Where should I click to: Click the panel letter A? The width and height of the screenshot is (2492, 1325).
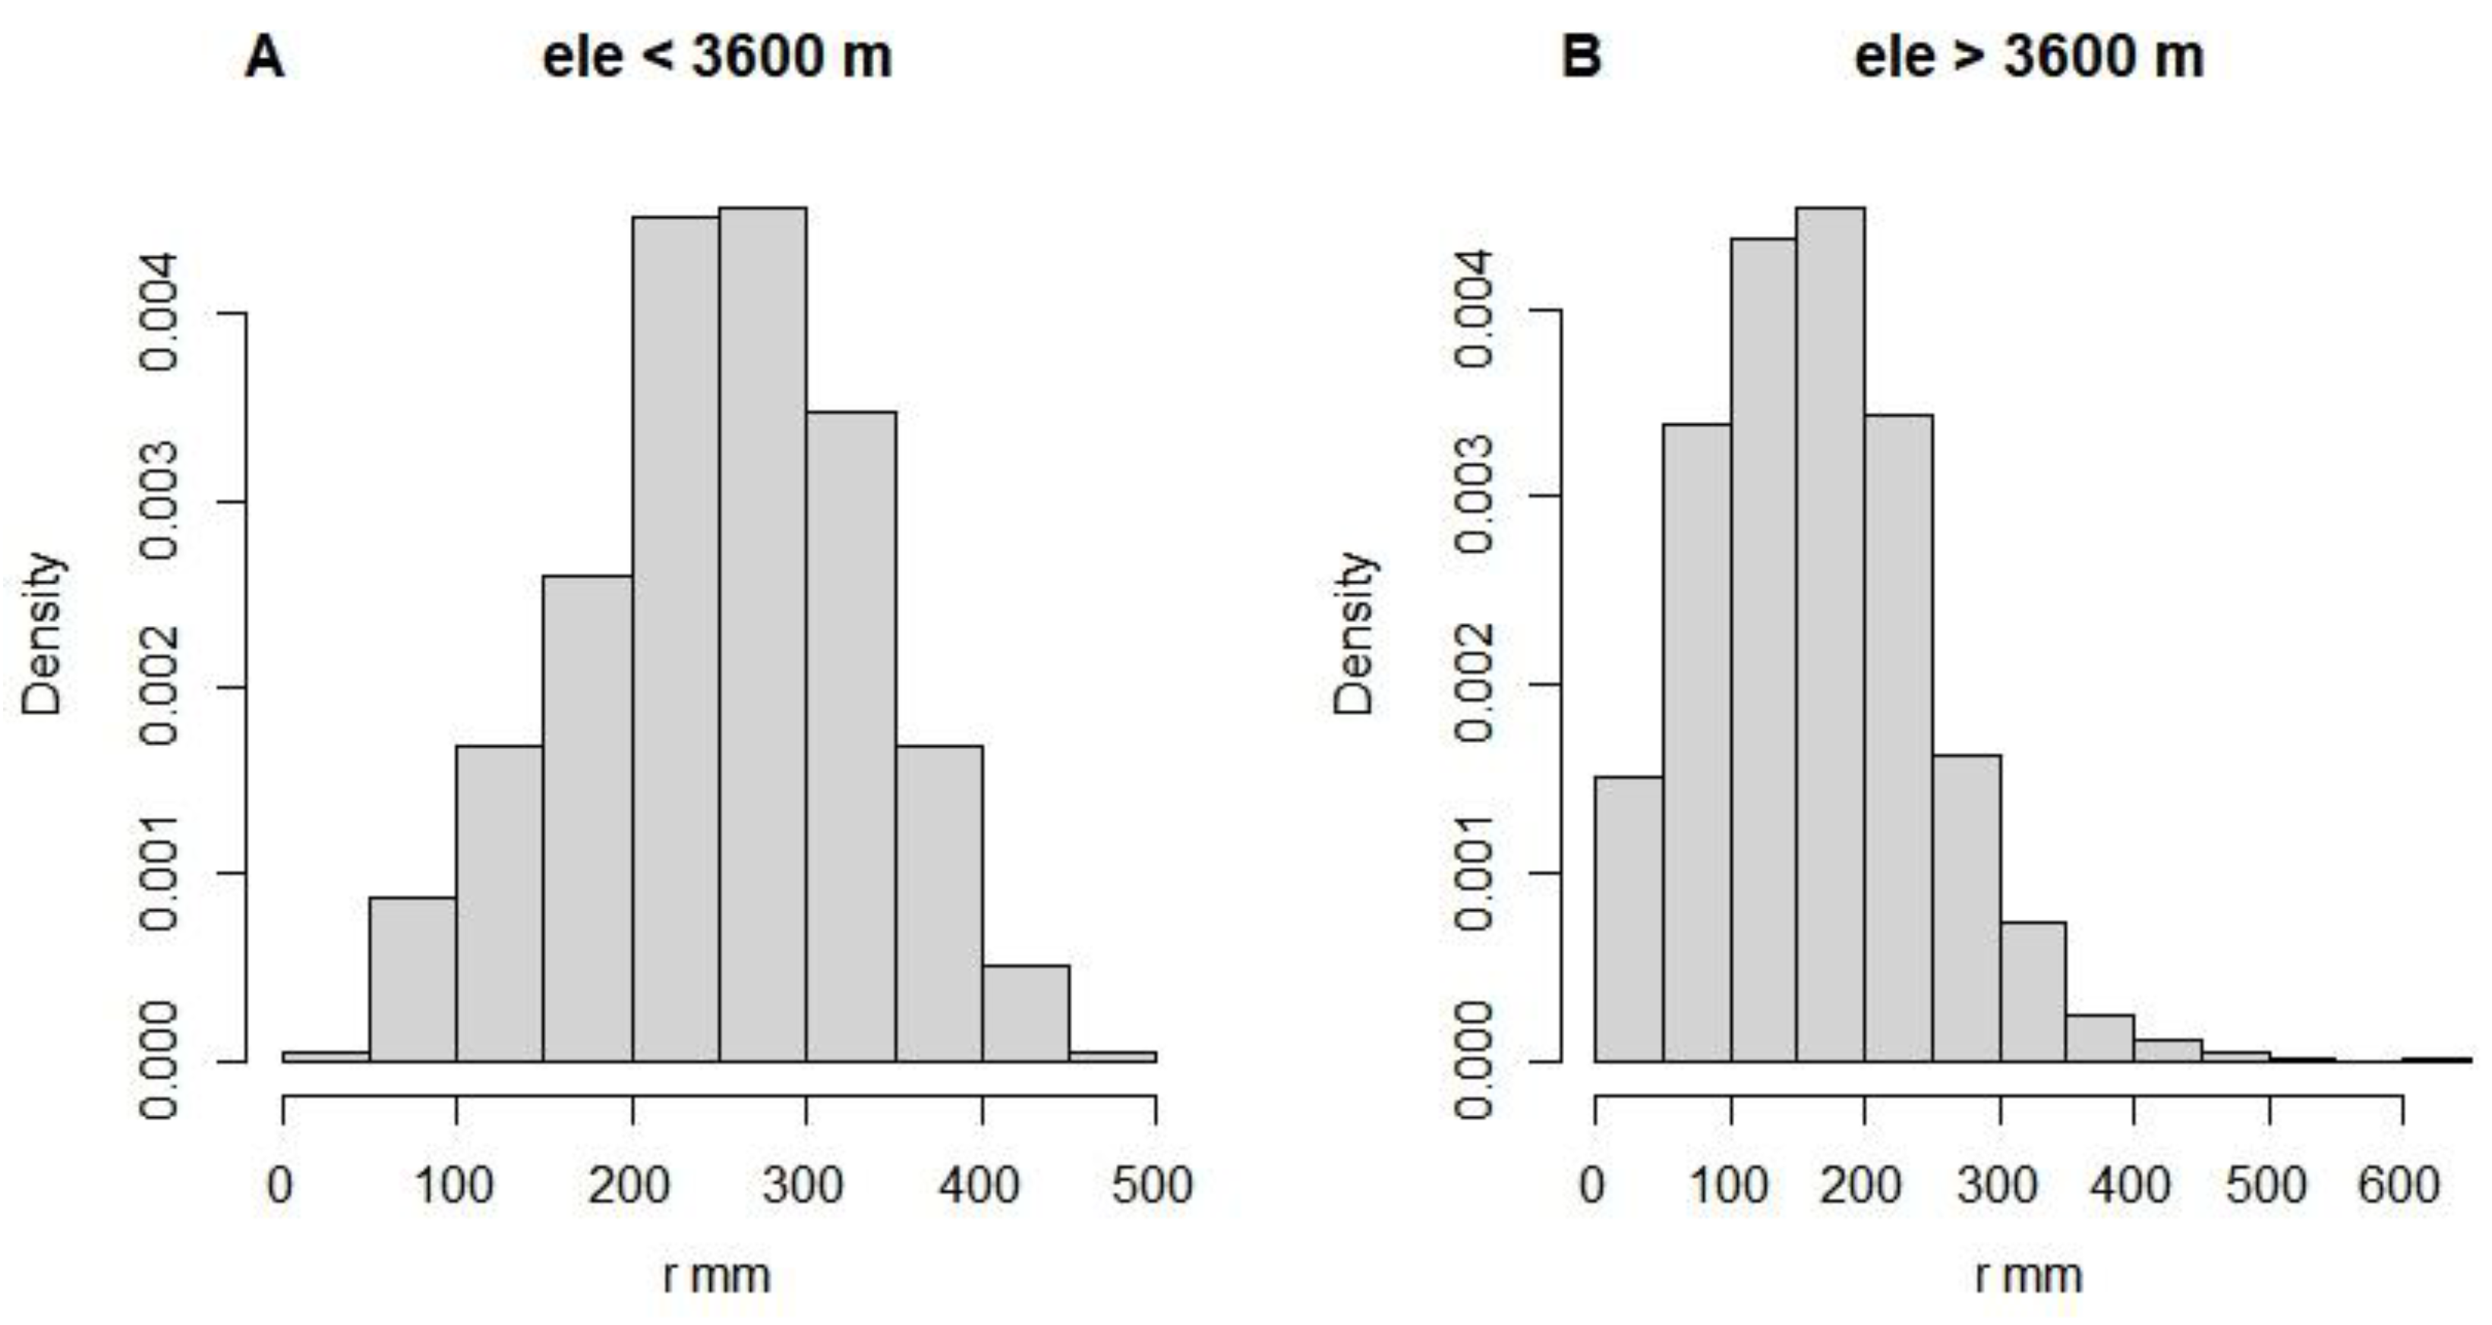pos(264,58)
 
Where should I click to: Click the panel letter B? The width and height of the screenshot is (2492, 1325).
pos(1582,58)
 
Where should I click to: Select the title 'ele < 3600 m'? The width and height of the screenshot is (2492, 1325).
pos(717,58)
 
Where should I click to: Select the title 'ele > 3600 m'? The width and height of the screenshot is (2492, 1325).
pos(2029,58)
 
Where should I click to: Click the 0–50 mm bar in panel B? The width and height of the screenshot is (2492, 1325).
pos(1628,919)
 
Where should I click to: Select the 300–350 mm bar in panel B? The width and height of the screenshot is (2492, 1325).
pos(2033,991)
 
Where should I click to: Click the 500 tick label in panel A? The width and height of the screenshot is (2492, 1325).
pos(1153,1185)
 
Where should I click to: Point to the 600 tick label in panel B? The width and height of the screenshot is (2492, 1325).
pos(2399,1185)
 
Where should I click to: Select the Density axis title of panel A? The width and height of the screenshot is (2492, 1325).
pos(43,634)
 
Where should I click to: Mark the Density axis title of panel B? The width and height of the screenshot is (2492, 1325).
pos(1355,634)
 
